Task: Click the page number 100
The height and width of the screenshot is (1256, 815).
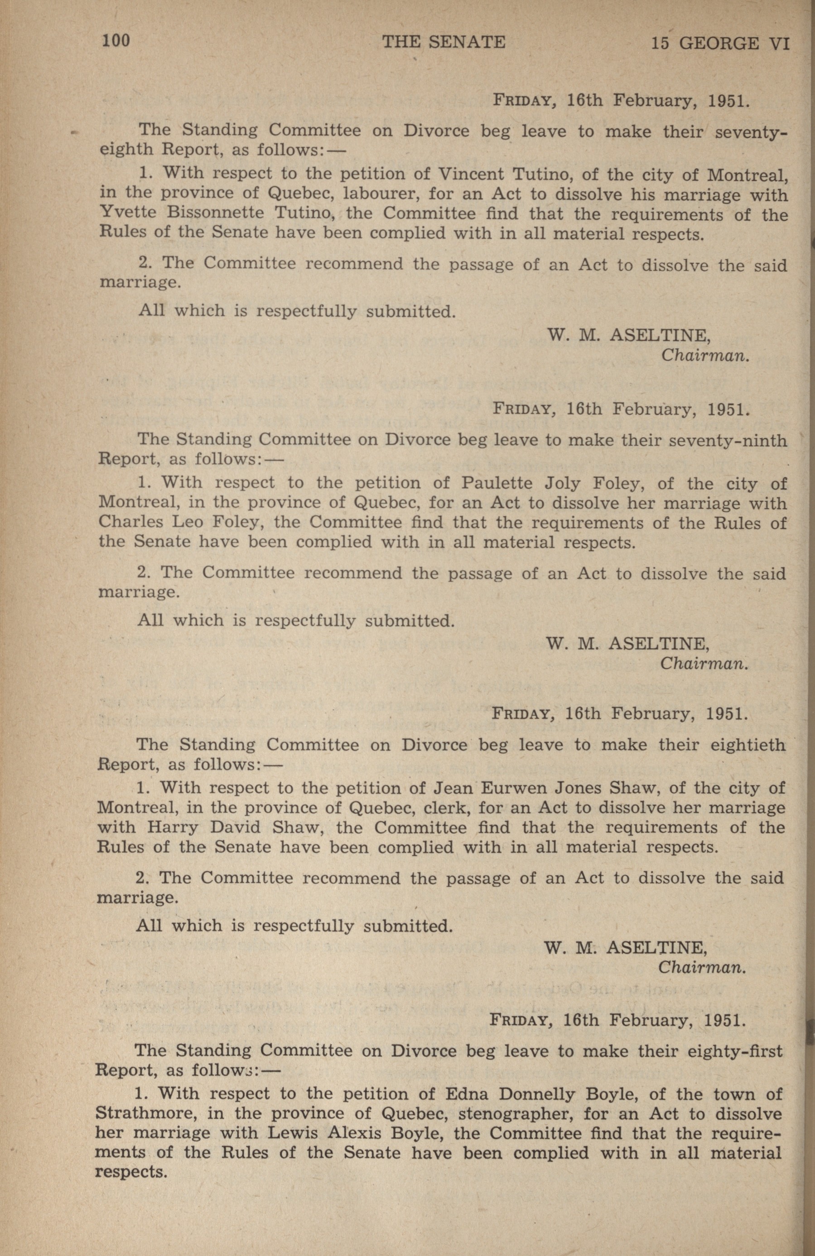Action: click(116, 41)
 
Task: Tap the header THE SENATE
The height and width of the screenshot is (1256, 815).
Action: click(444, 42)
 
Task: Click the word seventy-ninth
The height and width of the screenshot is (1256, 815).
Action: click(728, 440)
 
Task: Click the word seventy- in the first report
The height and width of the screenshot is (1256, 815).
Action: click(750, 132)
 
